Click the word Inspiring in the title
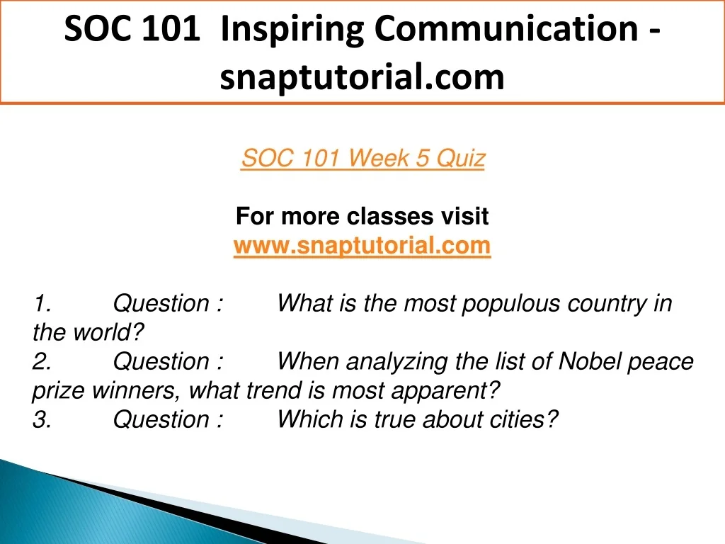click(x=292, y=30)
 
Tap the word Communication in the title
click(x=506, y=28)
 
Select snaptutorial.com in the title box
click(x=362, y=76)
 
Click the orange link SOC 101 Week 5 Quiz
click(x=363, y=158)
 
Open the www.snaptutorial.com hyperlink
click(x=362, y=245)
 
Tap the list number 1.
click(x=42, y=303)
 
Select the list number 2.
click(x=42, y=361)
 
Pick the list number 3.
click(x=42, y=419)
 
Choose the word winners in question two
click(x=136, y=391)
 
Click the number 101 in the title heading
click(x=170, y=28)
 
